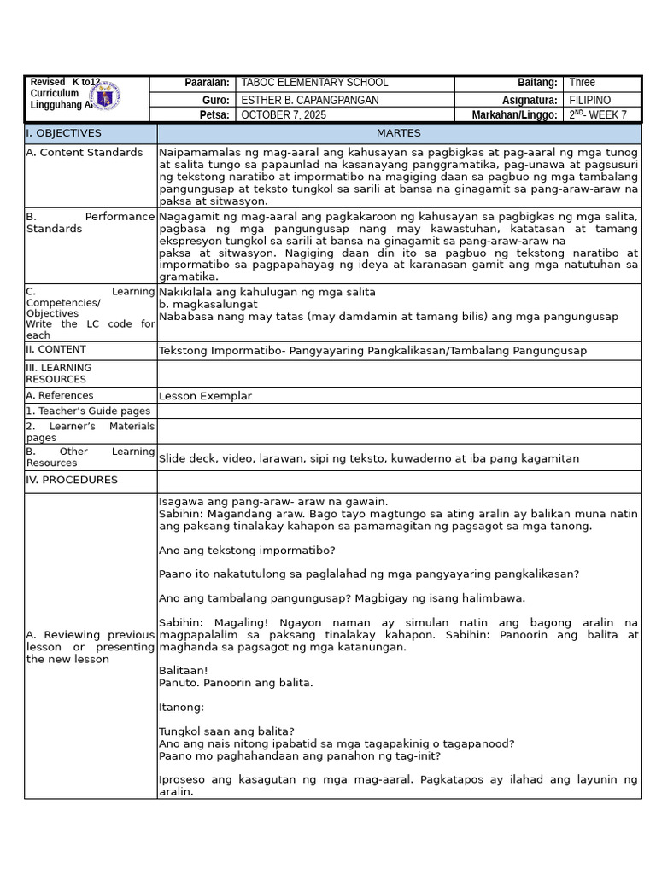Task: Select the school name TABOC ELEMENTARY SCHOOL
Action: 314,83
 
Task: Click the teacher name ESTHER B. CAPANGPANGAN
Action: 310,100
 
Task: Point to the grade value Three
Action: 582,83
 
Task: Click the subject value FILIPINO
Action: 589,100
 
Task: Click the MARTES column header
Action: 398,133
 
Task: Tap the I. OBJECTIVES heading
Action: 64,133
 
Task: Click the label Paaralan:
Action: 207,83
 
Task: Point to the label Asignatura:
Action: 530,100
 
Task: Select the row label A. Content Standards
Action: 85,153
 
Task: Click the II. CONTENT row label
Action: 56,349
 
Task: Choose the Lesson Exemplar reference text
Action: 205,396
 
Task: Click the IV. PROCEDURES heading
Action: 72,480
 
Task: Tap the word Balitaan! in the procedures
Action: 183,671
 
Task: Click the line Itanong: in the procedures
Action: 181,707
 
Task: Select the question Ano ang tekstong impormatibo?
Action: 247,550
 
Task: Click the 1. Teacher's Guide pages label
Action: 88,411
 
